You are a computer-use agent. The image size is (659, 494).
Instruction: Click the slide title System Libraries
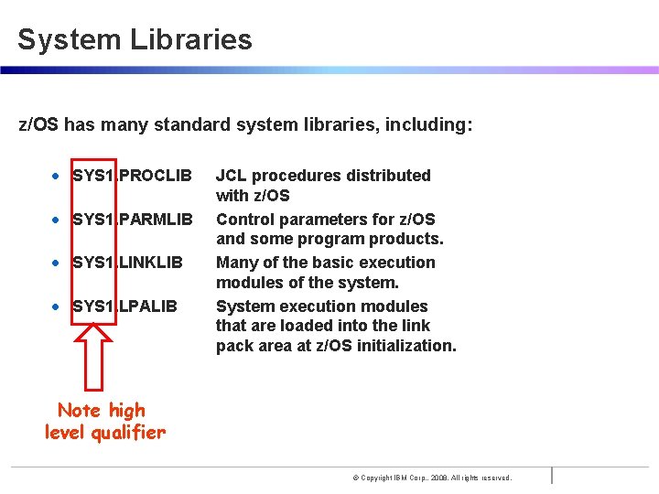coord(135,39)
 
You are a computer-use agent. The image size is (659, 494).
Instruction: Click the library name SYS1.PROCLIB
coord(132,175)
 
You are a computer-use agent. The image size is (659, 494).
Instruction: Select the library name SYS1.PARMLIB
coord(132,220)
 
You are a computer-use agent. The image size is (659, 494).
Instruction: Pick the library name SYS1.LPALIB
coord(124,306)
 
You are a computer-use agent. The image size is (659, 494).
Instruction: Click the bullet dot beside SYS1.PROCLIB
coord(57,176)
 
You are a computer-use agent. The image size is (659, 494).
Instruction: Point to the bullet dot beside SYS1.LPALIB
coord(57,306)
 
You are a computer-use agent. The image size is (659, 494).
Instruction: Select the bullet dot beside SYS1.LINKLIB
coord(57,263)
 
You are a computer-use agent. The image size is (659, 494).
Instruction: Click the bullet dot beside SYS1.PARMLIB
coord(57,220)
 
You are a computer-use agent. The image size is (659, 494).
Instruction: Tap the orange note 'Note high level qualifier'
coord(104,422)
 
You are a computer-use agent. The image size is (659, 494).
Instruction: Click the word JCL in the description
coord(231,175)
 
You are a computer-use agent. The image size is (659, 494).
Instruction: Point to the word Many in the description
coord(235,263)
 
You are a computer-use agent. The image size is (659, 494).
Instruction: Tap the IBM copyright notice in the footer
coord(432,478)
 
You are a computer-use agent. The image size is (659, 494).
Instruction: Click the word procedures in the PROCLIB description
coord(296,175)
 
